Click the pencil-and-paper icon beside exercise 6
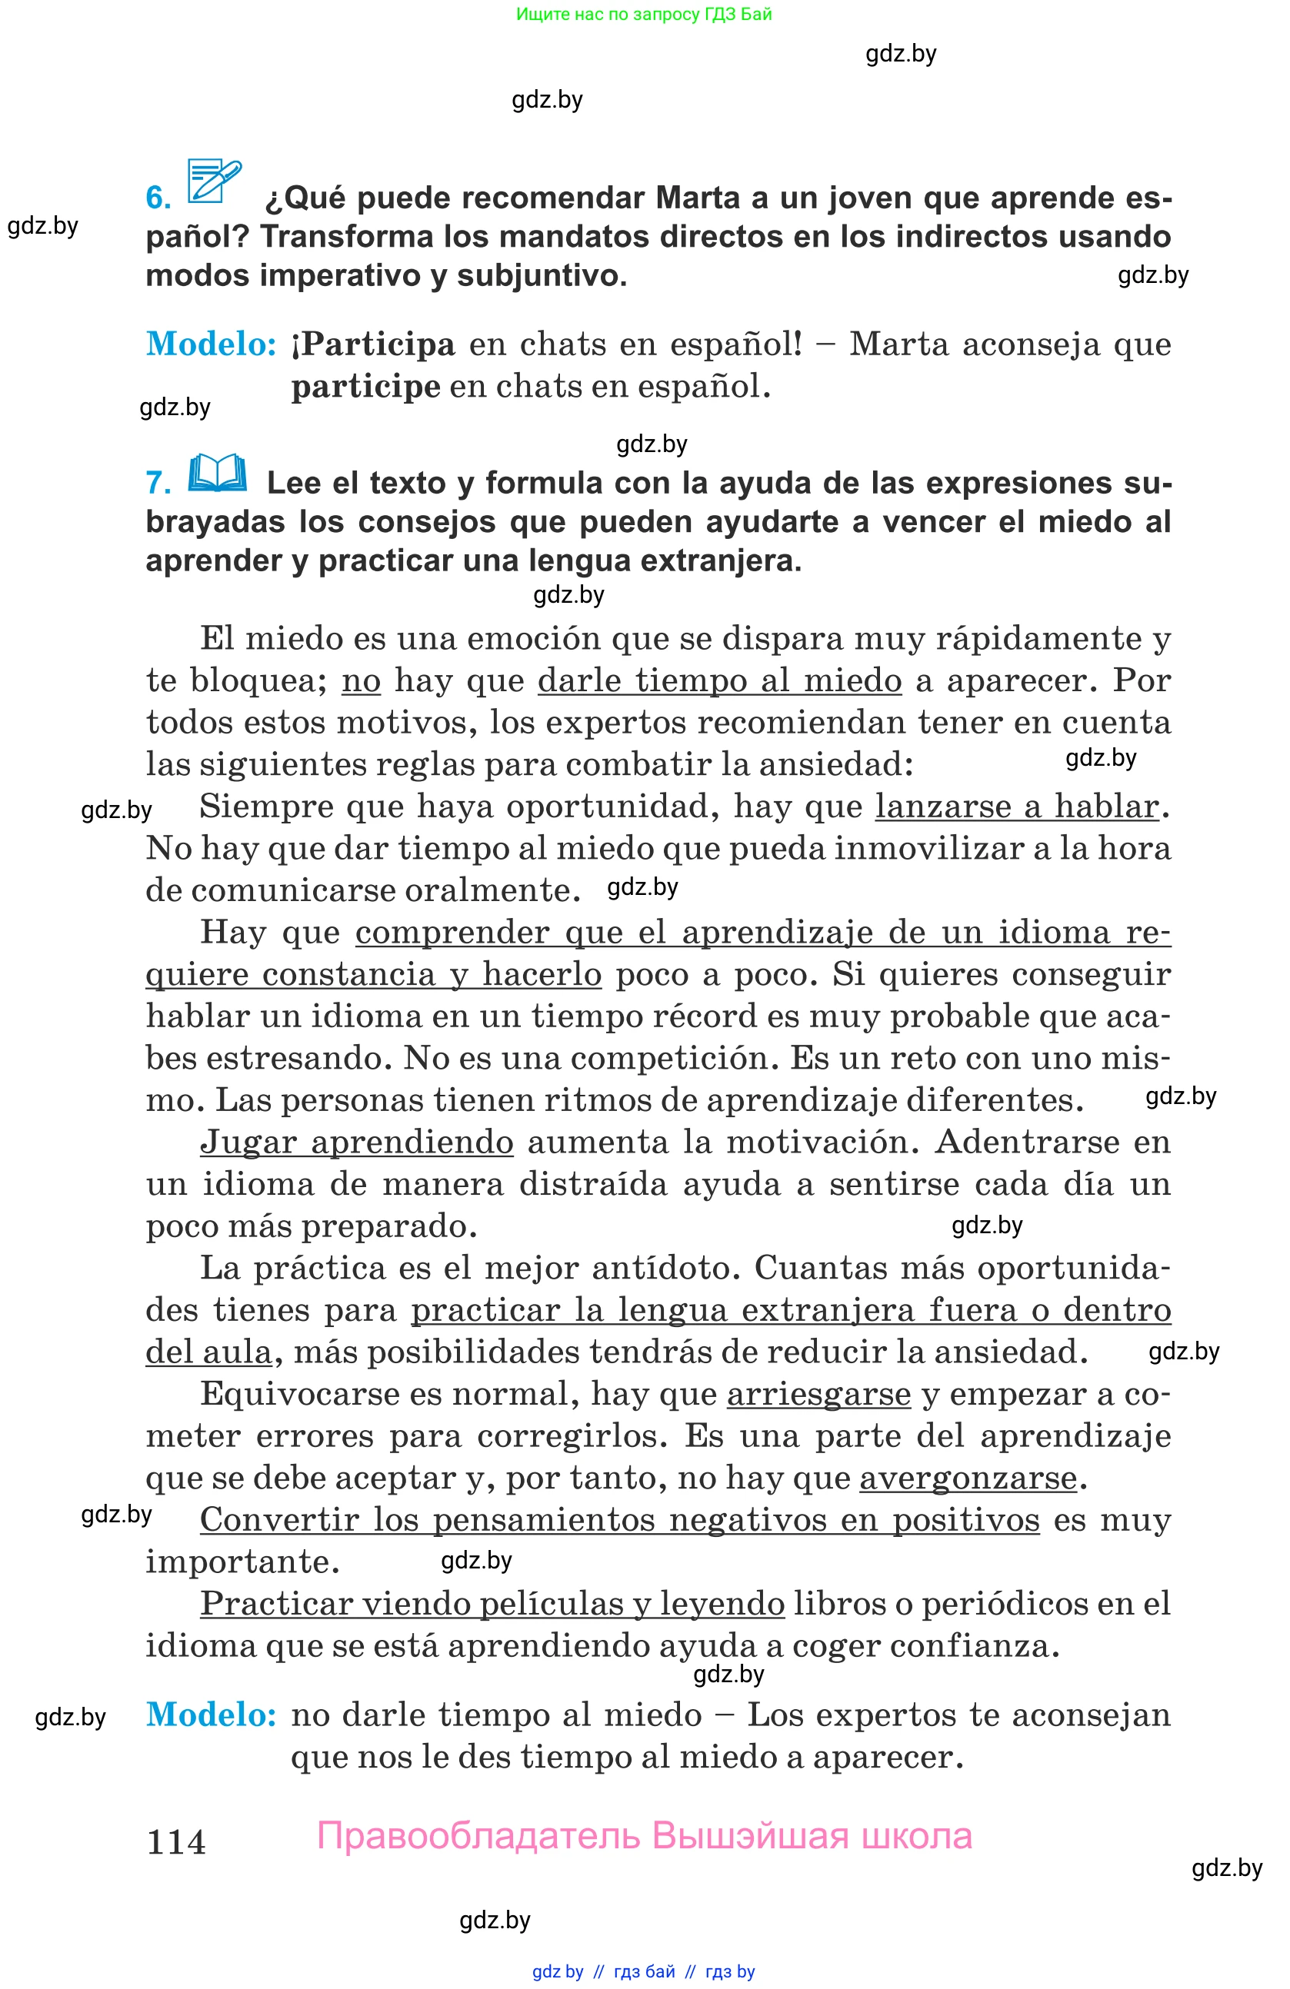tap(214, 181)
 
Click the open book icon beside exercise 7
tap(218, 474)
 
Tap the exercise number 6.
tap(158, 198)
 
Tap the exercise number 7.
tap(158, 483)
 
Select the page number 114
tap(176, 1842)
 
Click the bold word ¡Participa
tap(373, 344)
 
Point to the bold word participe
tap(365, 387)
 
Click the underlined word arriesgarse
tap(818, 1394)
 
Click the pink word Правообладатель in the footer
tap(478, 1837)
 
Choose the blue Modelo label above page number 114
tap(212, 1715)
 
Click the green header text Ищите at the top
tap(542, 14)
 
